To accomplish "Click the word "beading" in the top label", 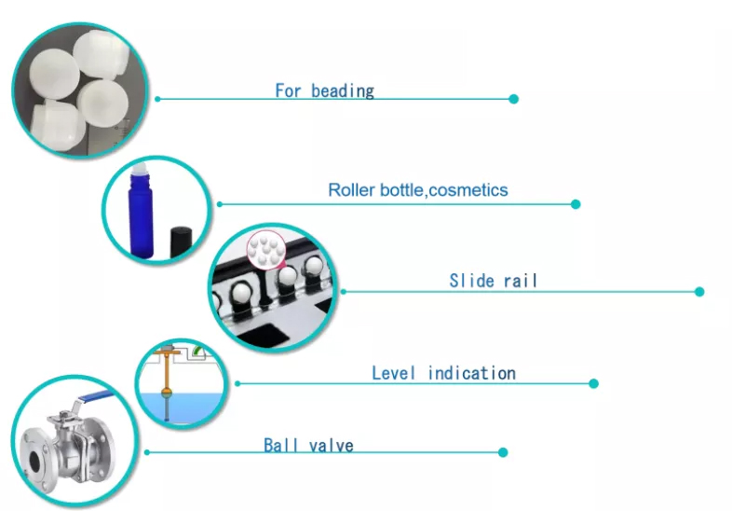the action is tap(343, 91).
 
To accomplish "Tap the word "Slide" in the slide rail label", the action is tap(471, 281).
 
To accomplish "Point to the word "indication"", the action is tap(471, 373).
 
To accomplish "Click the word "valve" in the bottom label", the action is tap(331, 446).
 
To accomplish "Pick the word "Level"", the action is tap(393, 373).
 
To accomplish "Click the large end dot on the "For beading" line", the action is tap(513, 99).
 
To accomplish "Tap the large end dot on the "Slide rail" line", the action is tap(699, 292).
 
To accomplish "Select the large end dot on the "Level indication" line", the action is tap(594, 384).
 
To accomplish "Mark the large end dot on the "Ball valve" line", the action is tap(503, 452).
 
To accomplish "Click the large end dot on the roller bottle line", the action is tap(576, 204).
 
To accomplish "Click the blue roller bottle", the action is tap(141, 213).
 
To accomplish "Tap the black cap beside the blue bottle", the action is tap(181, 242).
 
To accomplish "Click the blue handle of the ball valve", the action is tap(96, 396).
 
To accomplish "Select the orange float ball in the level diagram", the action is tap(167, 392).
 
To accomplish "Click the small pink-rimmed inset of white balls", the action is tap(266, 250).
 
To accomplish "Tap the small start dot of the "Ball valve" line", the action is tap(147, 452).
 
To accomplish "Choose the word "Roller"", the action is tap(351, 190).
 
